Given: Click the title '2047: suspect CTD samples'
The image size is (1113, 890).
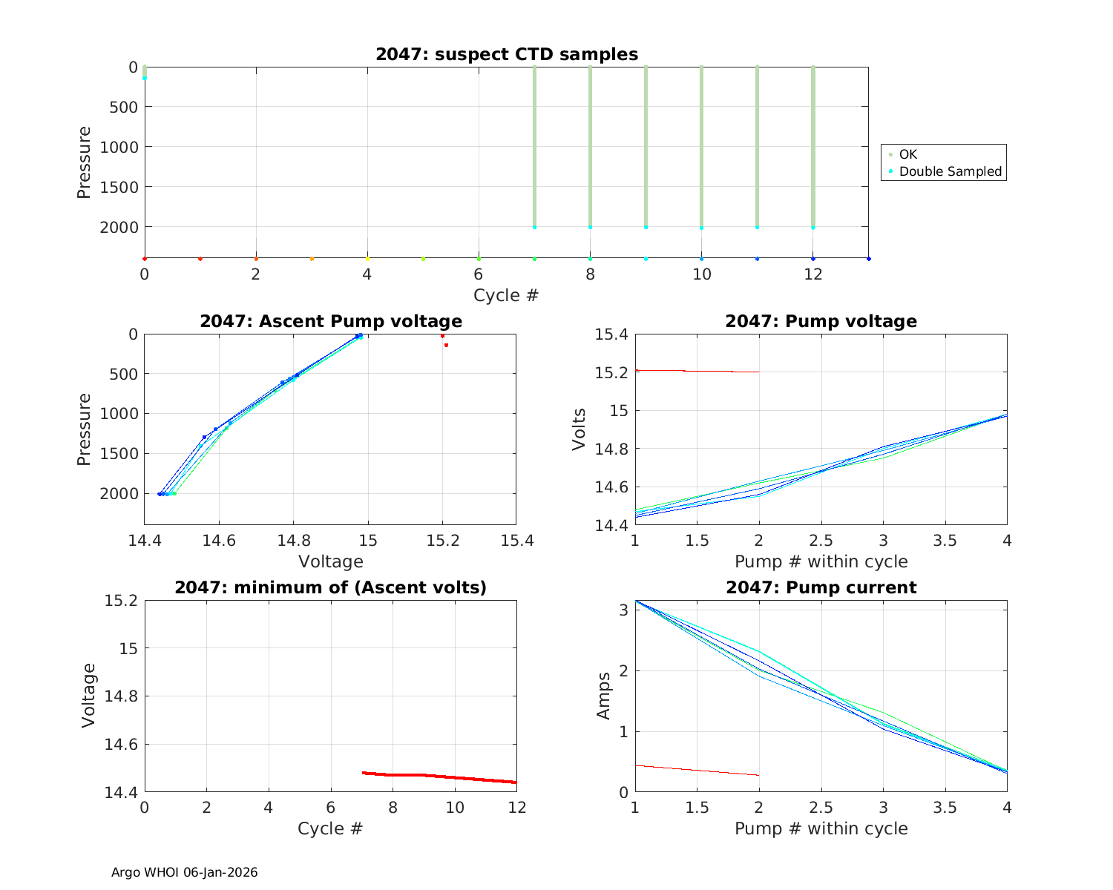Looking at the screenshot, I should click(x=507, y=54).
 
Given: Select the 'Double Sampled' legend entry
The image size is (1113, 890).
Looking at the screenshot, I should click(x=950, y=171).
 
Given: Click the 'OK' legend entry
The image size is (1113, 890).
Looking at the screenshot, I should click(x=907, y=154).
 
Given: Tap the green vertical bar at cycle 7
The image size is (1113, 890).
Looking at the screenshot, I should click(x=534, y=148).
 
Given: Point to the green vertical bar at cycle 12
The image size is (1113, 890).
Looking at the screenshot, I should click(x=813, y=148).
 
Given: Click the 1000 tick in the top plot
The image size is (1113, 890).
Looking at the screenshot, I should click(x=118, y=147).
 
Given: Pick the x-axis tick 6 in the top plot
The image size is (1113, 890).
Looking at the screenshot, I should click(x=479, y=274).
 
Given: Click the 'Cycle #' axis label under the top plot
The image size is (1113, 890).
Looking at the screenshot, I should click(x=506, y=295).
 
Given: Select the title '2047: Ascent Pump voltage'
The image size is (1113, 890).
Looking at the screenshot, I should click(x=330, y=321).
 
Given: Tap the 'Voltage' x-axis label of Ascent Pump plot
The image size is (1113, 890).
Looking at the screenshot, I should click(x=330, y=561).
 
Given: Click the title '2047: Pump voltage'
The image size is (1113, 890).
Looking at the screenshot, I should click(x=821, y=321).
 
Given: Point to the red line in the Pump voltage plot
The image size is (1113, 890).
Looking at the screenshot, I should click(x=697, y=371).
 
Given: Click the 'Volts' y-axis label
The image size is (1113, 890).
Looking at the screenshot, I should click(x=580, y=429).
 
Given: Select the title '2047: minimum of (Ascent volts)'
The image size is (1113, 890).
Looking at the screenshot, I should click(x=330, y=587).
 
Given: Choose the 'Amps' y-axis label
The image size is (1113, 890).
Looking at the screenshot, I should click(x=604, y=696).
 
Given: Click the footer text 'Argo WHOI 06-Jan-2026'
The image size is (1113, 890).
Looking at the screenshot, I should click(x=184, y=872).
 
